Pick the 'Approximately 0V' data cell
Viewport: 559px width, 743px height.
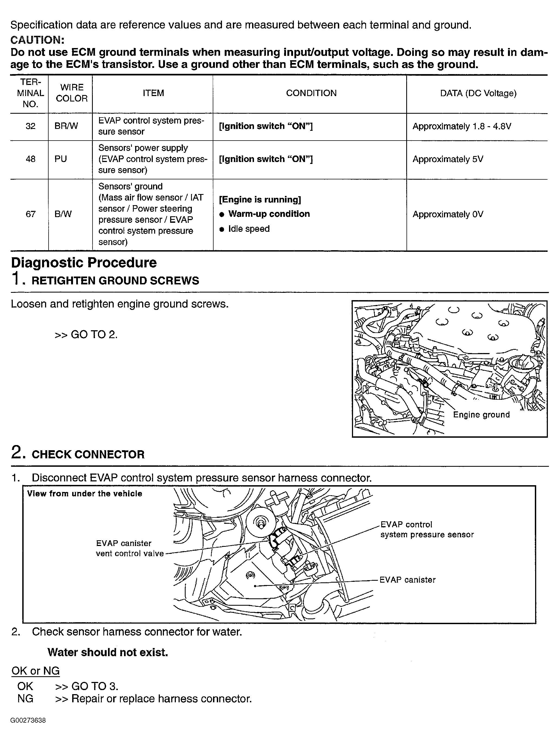pos(448,214)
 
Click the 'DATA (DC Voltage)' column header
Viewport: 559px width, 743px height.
pos(478,93)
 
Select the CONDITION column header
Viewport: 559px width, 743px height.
pos(311,93)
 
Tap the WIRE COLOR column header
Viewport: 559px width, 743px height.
pos(72,93)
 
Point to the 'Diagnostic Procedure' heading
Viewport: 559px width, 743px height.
pos(84,263)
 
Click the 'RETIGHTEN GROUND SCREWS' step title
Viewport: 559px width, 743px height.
pos(115,281)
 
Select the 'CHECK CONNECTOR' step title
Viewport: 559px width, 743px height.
pos(88,455)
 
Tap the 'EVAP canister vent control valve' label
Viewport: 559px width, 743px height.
pos(130,548)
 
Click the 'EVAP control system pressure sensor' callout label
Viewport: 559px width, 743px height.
pos(427,530)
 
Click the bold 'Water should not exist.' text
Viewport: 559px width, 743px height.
pos(107,652)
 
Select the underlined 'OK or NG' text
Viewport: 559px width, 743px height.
pos(35,671)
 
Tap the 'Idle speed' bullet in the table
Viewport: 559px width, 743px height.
pos(249,229)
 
